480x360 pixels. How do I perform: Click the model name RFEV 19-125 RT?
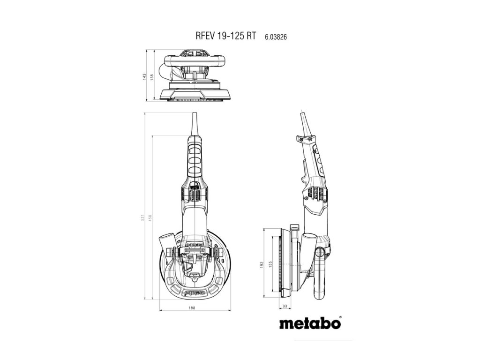click(225, 37)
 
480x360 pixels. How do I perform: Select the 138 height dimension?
click(151, 75)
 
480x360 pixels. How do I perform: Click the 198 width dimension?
click(192, 308)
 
